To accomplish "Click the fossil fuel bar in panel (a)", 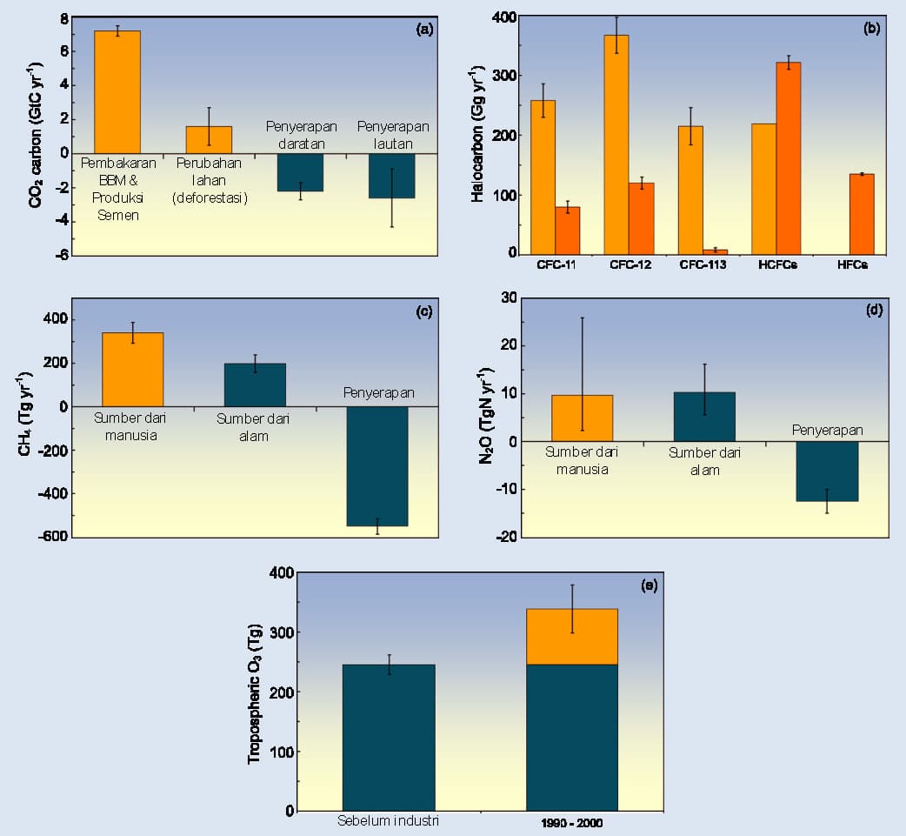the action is pyautogui.click(x=117, y=92).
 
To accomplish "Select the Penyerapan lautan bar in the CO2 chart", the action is pyautogui.click(x=392, y=176).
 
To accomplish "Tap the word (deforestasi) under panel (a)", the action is pyautogui.click(x=210, y=197).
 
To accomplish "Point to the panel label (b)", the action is pyautogui.click(x=871, y=28).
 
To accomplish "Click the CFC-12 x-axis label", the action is pyautogui.click(x=630, y=264).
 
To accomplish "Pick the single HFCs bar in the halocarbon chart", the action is pyautogui.click(x=862, y=214).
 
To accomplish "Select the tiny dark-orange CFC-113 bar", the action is pyautogui.click(x=716, y=252).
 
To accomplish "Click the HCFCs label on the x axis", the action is pyautogui.click(x=777, y=264).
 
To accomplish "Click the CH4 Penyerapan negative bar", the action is pyautogui.click(x=377, y=466).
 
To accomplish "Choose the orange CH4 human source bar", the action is pyautogui.click(x=132, y=370).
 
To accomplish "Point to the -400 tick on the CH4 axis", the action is pyautogui.click(x=52, y=493).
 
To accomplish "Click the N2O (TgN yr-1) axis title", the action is pyautogui.click(x=486, y=415).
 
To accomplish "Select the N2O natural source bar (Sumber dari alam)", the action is pyautogui.click(x=704, y=417).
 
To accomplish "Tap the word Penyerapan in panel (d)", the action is pyautogui.click(x=828, y=430).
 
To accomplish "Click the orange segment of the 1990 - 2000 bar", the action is pyautogui.click(x=572, y=637).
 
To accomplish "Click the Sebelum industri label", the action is pyautogui.click(x=388, y=820).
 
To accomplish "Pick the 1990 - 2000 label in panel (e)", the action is pyautogui.click(x=572, y=823).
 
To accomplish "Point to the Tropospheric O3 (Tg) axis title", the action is pyautogui.click(x=255, y=693).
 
